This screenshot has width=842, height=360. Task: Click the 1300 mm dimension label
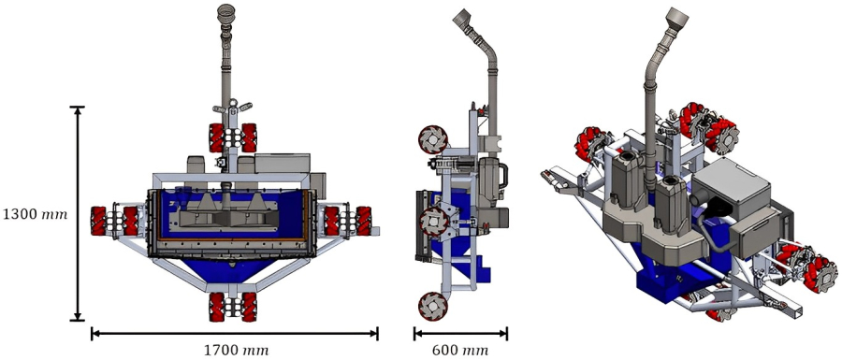click(35, 214)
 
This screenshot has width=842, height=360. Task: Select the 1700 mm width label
click(236, 351)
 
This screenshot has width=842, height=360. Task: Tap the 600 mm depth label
click(460, 351)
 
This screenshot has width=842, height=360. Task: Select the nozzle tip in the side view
click(462, 19)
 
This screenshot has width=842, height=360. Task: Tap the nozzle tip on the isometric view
click(679, 18)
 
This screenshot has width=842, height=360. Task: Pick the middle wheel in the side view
click(432, 223)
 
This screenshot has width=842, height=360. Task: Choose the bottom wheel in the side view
click(433, 304)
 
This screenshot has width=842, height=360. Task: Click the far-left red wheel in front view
click(98, 223)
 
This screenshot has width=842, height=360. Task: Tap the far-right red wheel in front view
click(365, 222)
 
